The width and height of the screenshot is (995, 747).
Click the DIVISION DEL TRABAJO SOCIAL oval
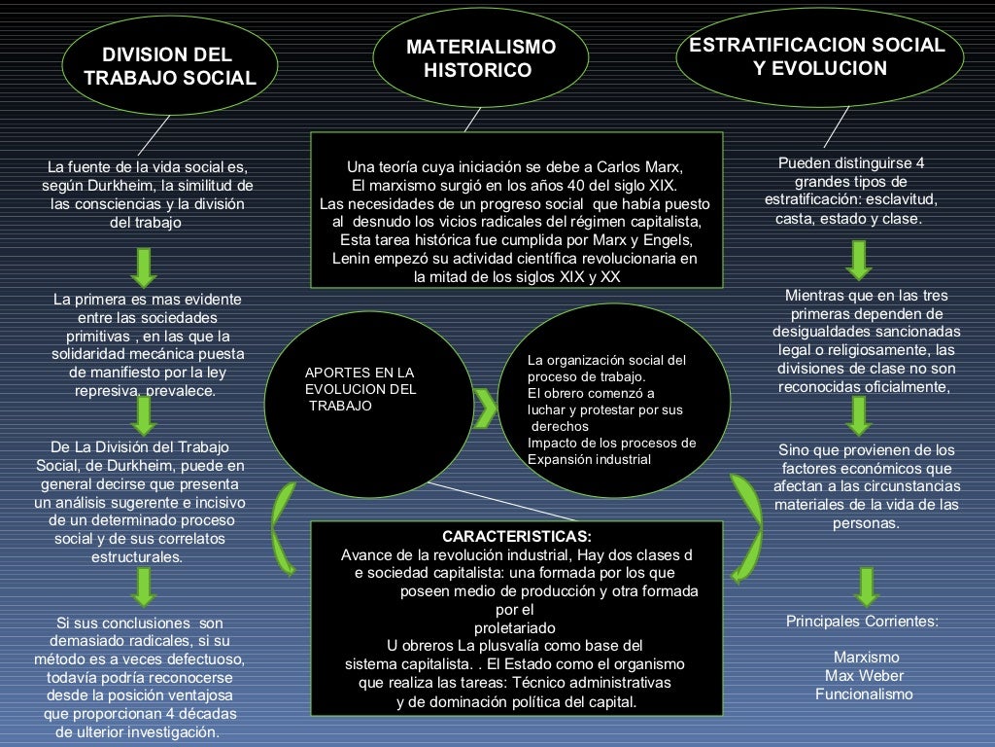tap(170, 66)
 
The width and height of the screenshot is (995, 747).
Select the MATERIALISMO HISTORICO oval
tap(481, 58)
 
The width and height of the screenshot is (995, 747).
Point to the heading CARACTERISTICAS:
tap(516, 536)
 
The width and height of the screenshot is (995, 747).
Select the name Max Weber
tap(864, 676)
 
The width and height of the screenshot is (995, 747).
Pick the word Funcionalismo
tap(864, 694)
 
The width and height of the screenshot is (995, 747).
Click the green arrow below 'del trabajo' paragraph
tap(145, 266)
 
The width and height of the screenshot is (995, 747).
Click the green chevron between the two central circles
tap(485, 401)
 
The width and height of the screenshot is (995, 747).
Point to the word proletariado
tap(515, 627)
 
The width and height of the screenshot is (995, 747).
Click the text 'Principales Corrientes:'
tap(862, 622)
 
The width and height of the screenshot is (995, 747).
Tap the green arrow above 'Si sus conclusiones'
tap(145, 587)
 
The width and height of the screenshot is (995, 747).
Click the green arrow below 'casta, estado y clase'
tap(858, 259)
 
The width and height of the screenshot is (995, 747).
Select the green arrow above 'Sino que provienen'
tap(859, 415)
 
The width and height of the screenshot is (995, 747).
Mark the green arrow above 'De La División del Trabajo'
tap(145, 415)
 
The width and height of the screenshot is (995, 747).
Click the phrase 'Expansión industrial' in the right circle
tap(589, 459)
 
